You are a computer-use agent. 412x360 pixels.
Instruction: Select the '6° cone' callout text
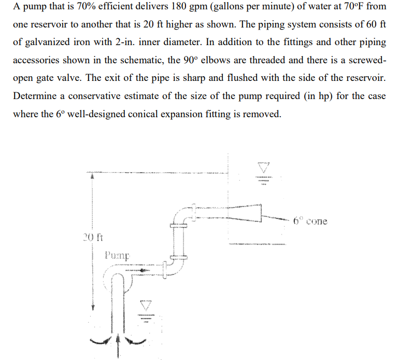click(x=310, y=221)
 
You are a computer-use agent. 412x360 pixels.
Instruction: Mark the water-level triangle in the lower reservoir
click(x=146, y=306)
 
